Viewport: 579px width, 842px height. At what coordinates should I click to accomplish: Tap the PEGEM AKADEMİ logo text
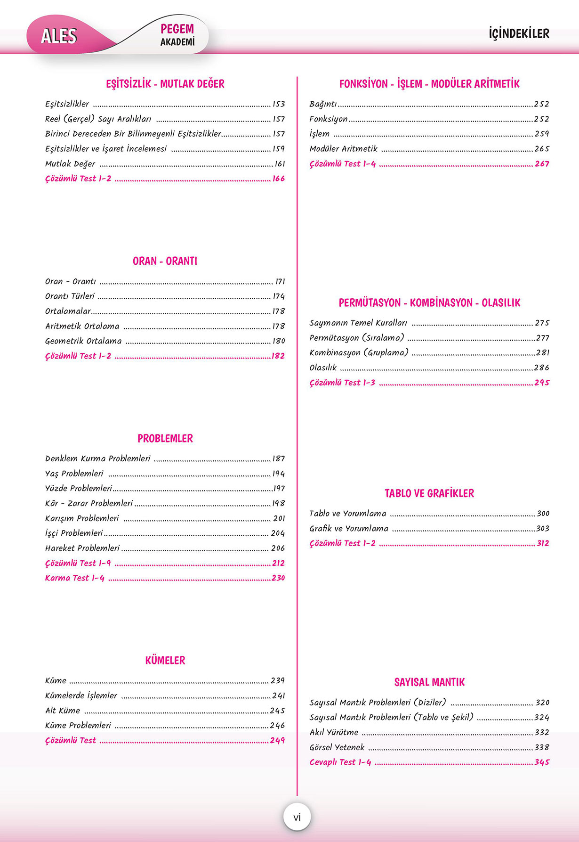pyautogui.click(x=177, y=35)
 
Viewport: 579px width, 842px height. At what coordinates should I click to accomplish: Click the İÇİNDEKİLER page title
pyautogui.click(x=519, y=34)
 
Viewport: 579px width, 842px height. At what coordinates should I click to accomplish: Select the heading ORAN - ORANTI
pyautogui.click(x=165, y=261)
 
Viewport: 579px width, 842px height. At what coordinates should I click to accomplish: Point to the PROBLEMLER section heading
pyautogui.click(x=165, y=439)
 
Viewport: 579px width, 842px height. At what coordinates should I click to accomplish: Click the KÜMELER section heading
pyautogui.click(x=165, y=661)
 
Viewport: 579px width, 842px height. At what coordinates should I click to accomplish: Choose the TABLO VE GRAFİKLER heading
pyautogui.click(x=429, y=493)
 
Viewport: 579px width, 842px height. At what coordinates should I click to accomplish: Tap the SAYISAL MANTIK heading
pyautogui.click(x=429, y=682)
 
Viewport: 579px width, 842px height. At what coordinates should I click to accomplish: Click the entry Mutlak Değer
pyautogui.click(x=70, y=164)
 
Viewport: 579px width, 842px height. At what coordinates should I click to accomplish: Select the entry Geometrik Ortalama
pyautogui.click(x=83, y=341)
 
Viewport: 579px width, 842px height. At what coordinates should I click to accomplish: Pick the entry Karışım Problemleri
pyautogui.click(x=82, y=518)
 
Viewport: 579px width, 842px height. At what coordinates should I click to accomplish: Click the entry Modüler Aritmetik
pyautogui.click(x=343, y=149)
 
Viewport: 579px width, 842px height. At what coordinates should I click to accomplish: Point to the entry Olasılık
pyautogui.click(x=323, y=368)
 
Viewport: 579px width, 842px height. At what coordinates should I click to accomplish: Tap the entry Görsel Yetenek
pyautogui.click(x=337, y=747)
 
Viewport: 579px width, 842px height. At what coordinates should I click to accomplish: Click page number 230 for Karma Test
pyautogui.click(x=278, y=578)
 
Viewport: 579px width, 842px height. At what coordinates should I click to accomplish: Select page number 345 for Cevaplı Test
pyautogui.click(x=542, y=762)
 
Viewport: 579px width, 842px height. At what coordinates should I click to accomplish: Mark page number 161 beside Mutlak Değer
pyautogui.click(x=280, y=164)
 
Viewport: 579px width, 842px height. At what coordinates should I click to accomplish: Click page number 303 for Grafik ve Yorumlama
pyautogui.click(x=542, y=529)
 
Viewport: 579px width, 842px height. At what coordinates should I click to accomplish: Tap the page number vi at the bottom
pyautogui.click(x=297, y=817)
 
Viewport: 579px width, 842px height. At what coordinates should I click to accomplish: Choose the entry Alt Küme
pyautogui.click(x=63, y=711)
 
